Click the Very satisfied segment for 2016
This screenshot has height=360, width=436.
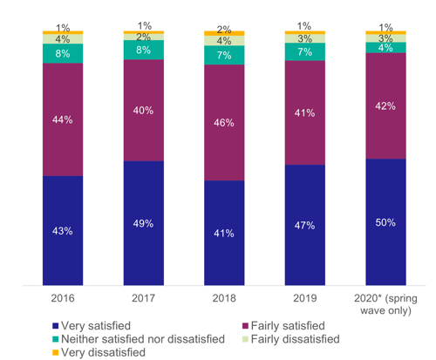coord(62,230)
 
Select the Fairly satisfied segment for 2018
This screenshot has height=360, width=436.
coord(224,123)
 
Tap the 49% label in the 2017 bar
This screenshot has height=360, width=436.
coord(143,223)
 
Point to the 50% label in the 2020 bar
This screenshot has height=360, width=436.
coord(385,222)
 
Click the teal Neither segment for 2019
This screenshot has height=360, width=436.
coord(304,53)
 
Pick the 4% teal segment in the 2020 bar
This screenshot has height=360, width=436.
coord(385,47)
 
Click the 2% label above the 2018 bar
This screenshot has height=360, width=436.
coord(224,30)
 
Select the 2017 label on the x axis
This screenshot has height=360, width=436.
coord(143,297)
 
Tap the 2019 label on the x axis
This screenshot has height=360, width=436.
coord(304,297)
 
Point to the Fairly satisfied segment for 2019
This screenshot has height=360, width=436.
coord(304,113)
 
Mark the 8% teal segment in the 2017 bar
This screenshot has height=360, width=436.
coord(143,51)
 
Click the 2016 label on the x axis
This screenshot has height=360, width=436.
coord(62,297)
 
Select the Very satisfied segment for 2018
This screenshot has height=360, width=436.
coord(224,233)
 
